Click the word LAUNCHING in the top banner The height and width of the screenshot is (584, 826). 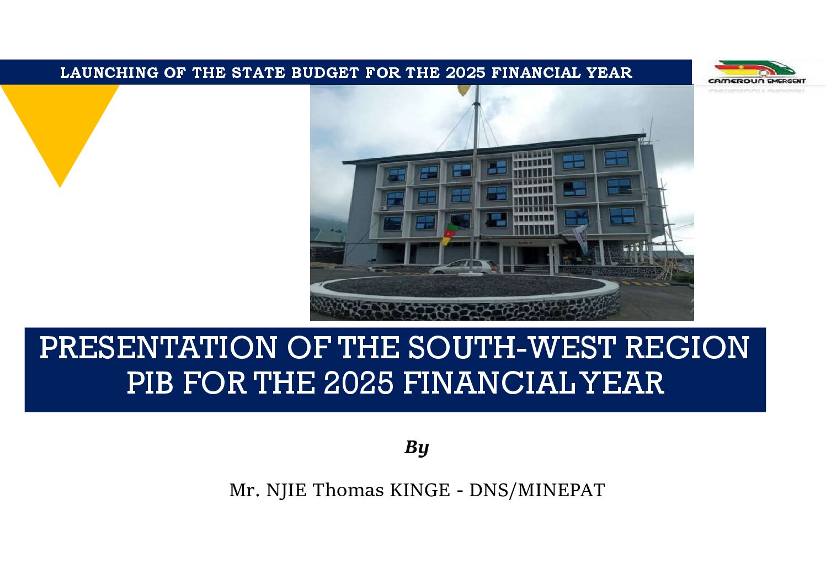pyautogui.click(x=109, y=73)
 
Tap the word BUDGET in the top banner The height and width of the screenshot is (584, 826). pyautogui.click(x=325, y=73)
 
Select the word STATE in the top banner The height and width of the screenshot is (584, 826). pyautogui.click(x=258, y=73)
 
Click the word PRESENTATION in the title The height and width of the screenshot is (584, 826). pyautogui.click(x=158, y=348)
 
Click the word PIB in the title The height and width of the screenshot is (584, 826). pyautogui.click(x=150, y=383)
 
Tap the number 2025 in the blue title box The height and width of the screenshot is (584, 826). pyautogui.click(x=359, y=383)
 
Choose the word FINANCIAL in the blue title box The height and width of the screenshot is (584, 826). pyautogui.click(x=489, y=383)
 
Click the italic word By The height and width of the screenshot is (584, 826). pyautogui.click(x=417, y=448)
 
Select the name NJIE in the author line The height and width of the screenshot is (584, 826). pyautogui.click(x=286, y=491)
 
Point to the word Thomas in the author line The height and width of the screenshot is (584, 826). pyautogui.click(x=348, y=490)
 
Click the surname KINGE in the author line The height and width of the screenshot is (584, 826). pyautogui.click(x=420, y=490)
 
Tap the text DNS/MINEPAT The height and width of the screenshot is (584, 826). pyautogui.click(x=537, y=491)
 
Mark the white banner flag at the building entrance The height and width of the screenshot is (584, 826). pyautogui.click(x=580, y=238)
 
